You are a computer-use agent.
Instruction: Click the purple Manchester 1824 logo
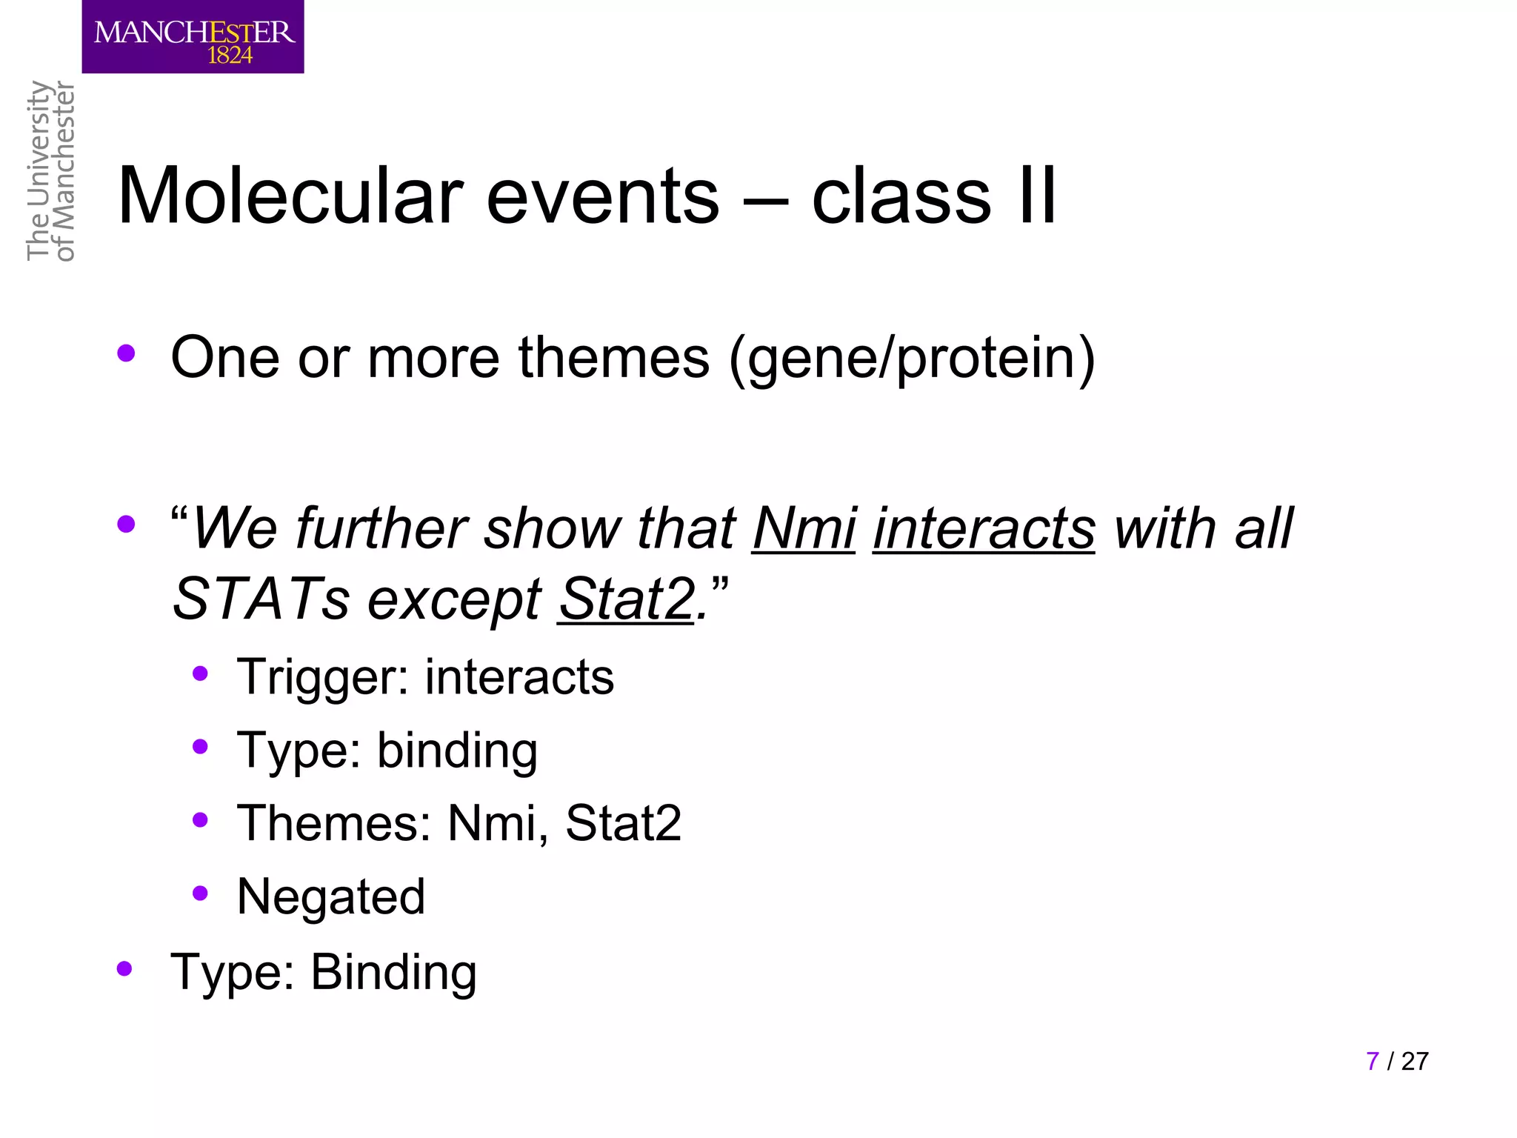click(193, 36)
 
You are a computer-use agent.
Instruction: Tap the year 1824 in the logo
click(230, 56)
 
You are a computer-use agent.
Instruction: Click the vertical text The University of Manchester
click(50, 170)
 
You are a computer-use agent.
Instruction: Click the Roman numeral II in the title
click(1037, 196)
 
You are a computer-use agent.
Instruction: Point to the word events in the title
click(602, 196)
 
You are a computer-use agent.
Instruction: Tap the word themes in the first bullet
click(613, 358)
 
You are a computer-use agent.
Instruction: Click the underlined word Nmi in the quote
click(804, 529)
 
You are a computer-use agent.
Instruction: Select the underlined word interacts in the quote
click(984, 529)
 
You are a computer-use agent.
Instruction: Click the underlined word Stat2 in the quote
click(627, 599)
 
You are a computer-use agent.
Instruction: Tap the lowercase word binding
click(457, 751)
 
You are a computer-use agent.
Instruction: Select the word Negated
click(331, 896)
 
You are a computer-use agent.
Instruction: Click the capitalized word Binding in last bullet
click(393, 972)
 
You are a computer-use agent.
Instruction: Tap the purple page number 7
click(1373, 1061)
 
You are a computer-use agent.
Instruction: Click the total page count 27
click(1415, 1061)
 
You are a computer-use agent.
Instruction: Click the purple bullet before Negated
click(200, 893)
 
